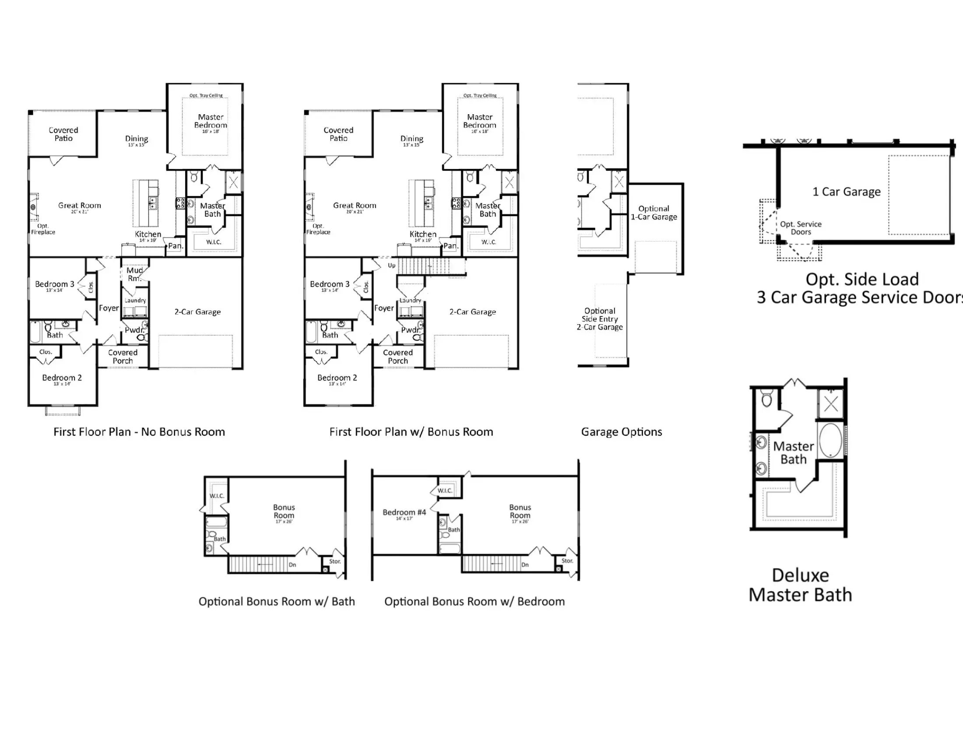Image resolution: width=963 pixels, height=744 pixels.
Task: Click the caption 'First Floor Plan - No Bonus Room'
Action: point(139,432)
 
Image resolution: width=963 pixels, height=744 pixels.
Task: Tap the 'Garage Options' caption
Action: point(621,432)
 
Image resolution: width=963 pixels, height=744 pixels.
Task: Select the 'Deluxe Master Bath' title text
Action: point(800,585)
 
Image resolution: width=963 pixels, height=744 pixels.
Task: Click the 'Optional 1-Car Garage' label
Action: point(654,212)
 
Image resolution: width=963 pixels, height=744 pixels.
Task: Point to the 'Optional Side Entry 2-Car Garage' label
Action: point(600,319)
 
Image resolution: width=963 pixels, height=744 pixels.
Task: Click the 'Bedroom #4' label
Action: point(404,512)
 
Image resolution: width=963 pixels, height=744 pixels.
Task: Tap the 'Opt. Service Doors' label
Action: point(801,228)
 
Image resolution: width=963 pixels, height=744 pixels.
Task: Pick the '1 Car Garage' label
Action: point(846,192)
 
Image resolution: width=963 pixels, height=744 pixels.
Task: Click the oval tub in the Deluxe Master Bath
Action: point(831,440)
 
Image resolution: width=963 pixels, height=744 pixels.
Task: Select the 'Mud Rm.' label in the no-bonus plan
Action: point(134,274)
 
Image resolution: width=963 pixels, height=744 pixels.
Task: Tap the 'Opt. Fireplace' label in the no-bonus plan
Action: point(43,229)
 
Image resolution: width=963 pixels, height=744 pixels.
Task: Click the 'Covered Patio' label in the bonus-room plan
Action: point(338,134)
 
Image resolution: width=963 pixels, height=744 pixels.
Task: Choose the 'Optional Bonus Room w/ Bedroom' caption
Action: point(474,602)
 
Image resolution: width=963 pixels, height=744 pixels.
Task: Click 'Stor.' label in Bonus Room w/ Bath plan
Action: point(335,561)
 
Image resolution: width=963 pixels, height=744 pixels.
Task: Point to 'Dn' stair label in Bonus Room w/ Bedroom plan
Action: point(525,565)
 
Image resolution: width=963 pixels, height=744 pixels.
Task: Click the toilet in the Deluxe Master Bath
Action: point(767,399)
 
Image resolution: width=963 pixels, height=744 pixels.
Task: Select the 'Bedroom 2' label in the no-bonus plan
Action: point(62,378)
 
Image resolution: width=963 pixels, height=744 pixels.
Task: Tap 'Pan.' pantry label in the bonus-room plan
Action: point(450,246)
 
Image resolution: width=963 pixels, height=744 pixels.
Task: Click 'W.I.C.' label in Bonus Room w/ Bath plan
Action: point(217,496)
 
